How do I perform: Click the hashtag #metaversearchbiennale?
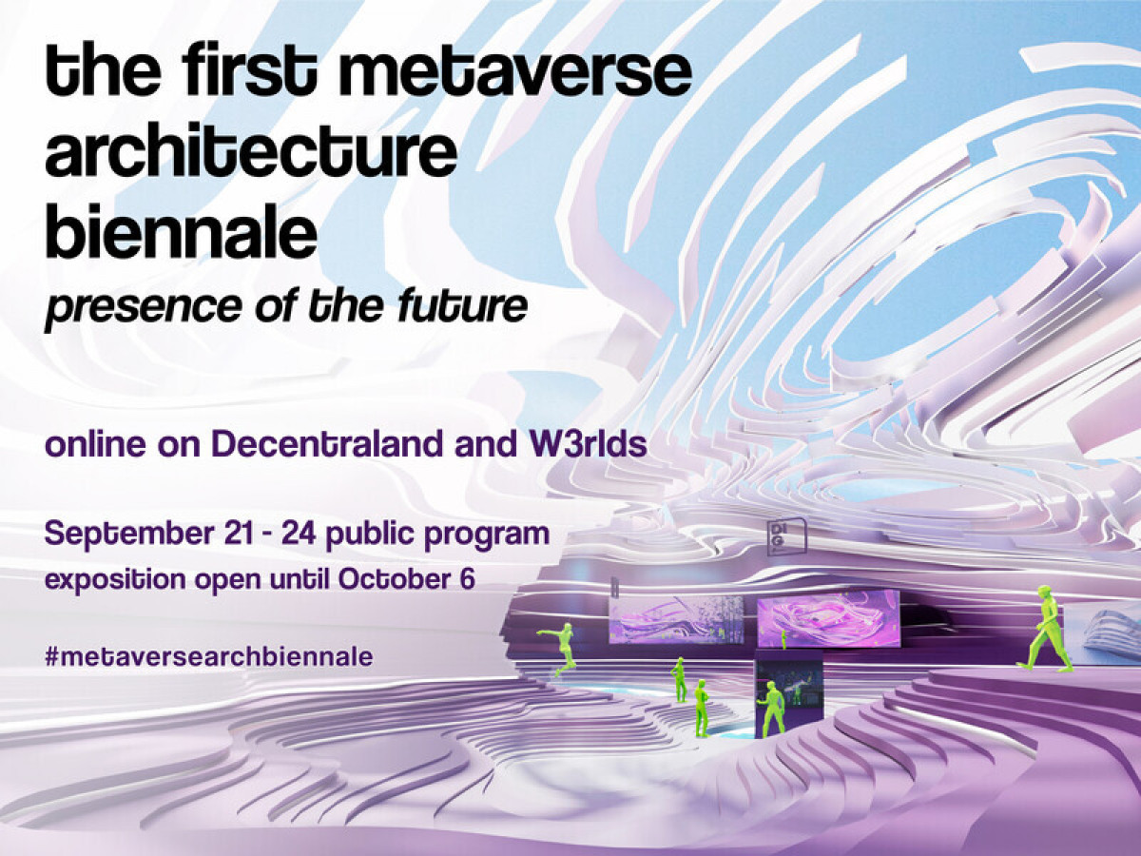(x=208, y=656)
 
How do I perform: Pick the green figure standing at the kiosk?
(x=771, y=709)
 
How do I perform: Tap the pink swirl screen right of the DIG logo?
(x=827, y=617)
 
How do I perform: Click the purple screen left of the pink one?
(x=676, y=619)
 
